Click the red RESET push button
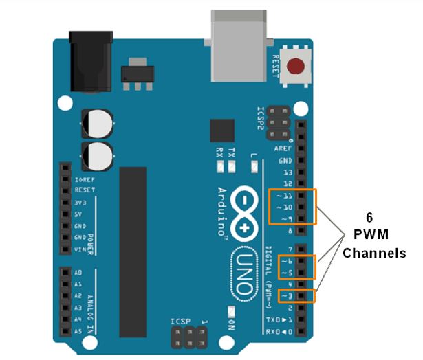296,67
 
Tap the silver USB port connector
238,45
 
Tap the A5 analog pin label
78,330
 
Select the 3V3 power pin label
80,204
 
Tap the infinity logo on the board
246,213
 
